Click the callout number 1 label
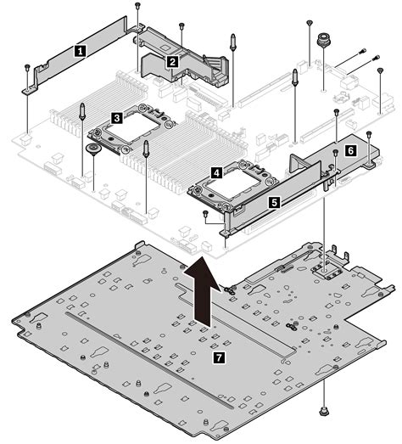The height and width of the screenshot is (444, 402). [x=81, y=51]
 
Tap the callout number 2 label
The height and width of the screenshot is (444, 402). [x=172, y=61]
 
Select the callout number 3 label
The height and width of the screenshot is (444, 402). [x=117, y=118]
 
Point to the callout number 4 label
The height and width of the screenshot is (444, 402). [x=216, y=172]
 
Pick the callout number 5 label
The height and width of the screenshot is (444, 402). [x=274, y=202]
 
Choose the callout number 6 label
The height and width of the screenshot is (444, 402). [x=350, y=150]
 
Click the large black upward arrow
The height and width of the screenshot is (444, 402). [x=202, y=292]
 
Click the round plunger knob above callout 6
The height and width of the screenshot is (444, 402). [x=323, y=40]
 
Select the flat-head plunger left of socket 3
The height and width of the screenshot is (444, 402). [x=92, y=149]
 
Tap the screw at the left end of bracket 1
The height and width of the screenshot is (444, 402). [x=27, y=68]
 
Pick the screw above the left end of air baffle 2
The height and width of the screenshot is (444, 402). [x=137, y=6]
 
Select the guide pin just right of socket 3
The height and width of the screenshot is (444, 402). [x=146, y=149]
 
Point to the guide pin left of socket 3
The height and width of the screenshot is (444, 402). [x=81, y=111]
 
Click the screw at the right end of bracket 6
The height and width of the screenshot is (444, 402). [x=368, y=133]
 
